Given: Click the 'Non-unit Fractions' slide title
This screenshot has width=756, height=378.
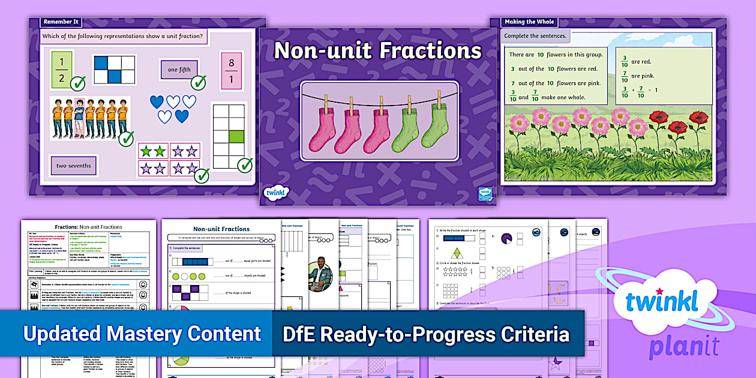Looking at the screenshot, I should [377, 51].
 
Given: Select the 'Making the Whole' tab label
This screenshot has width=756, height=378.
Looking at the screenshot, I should [528, 22].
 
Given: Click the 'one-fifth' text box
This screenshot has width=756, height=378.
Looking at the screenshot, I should [179, 70].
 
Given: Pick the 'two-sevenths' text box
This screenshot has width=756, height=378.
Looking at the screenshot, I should [73, 166].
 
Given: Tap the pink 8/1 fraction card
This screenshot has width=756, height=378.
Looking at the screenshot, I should [231, 70].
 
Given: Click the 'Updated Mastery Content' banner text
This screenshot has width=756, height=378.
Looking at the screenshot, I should [142, 334].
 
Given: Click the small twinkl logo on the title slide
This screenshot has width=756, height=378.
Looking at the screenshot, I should [276, 193].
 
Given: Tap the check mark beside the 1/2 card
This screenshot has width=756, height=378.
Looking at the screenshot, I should [77, 83].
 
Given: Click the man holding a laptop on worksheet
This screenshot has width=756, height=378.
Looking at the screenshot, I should [321, 274].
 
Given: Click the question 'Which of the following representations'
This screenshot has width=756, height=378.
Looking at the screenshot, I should [122, 36].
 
